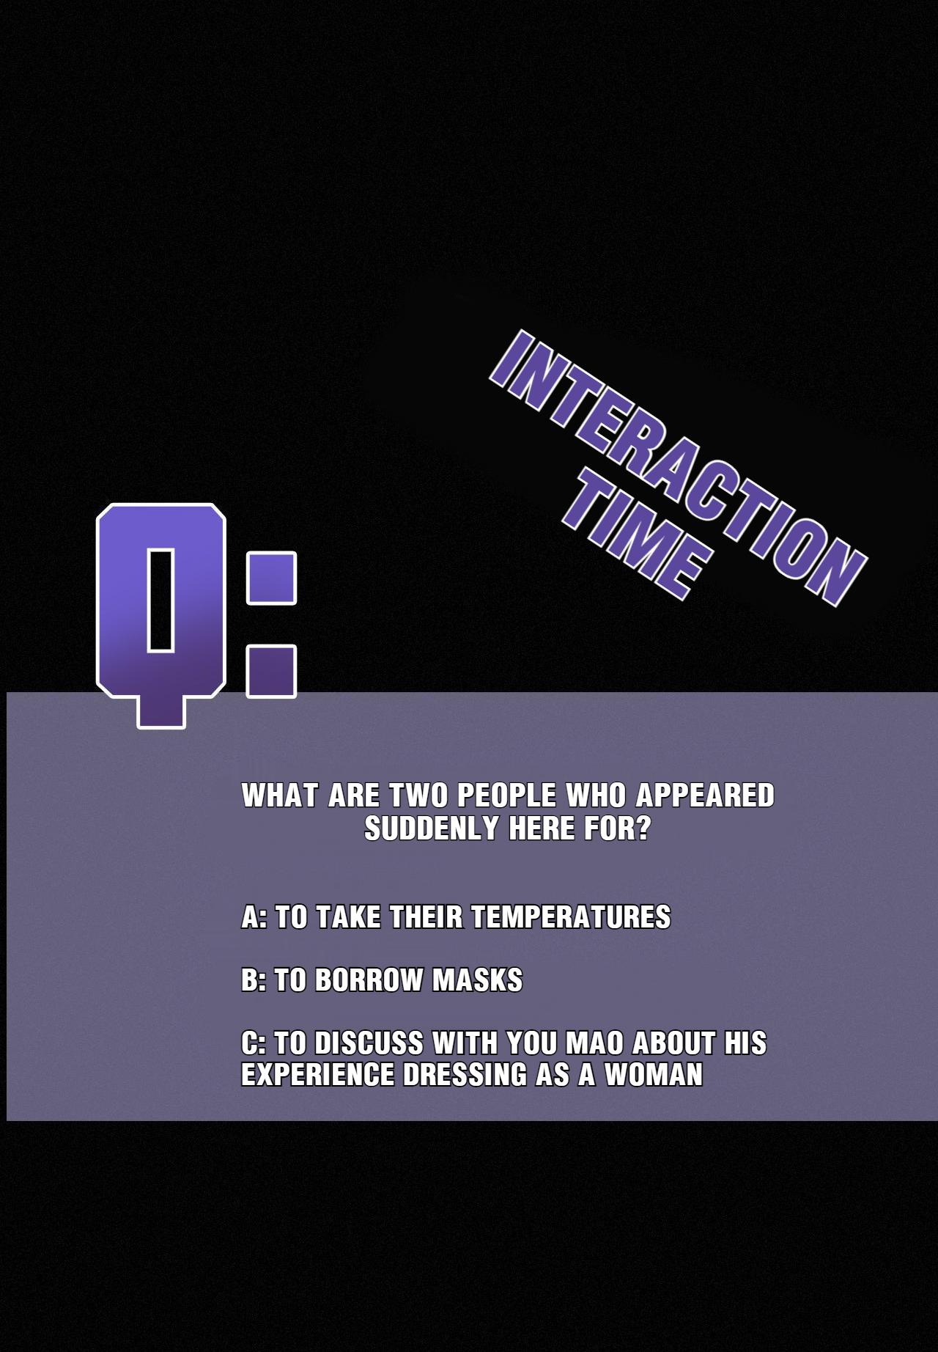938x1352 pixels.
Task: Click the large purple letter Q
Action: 160,616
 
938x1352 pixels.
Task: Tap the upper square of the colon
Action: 271,578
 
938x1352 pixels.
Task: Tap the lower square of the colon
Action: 271,671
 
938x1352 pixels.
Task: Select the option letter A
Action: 251,917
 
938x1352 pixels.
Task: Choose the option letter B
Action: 251,980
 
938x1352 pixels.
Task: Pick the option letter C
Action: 251,1043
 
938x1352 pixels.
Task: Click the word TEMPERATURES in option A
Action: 570,917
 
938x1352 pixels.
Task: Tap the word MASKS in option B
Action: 477,980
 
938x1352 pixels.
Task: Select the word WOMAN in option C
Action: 654,1075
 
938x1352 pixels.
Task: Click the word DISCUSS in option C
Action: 369,1043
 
